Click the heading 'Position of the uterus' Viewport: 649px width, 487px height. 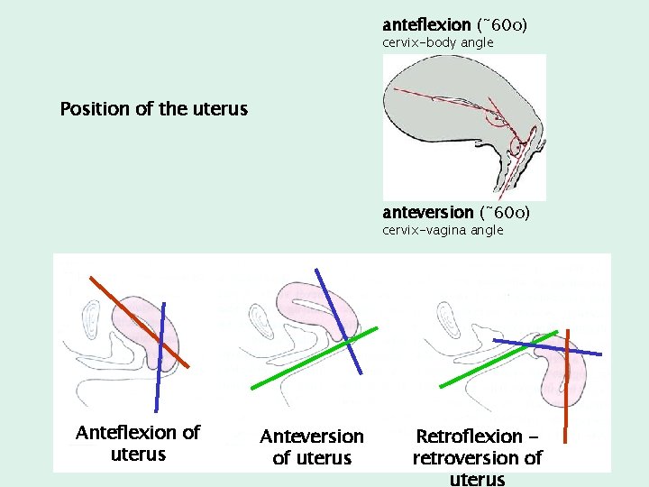pos(153,109)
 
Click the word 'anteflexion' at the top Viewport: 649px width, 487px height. pos(425,24)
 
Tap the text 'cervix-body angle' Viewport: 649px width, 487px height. pos(437,42)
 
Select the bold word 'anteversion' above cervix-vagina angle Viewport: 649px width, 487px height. pos(427,212)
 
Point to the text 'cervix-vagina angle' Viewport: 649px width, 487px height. pos(443,230)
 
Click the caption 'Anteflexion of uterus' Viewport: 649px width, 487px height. pos(138,443)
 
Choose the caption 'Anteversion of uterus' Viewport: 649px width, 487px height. pos(312,446)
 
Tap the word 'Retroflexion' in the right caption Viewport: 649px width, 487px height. pos(469,436)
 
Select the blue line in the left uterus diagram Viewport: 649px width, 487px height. pos(160,361)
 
